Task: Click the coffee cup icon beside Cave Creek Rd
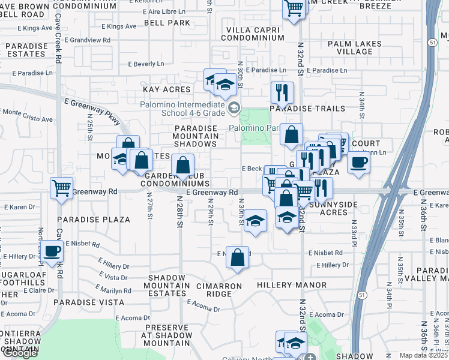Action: point(52,252)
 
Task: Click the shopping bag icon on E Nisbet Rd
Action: point(238,257)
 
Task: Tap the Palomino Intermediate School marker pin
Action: point(234,109)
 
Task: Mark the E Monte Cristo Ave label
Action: point(28,112)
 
